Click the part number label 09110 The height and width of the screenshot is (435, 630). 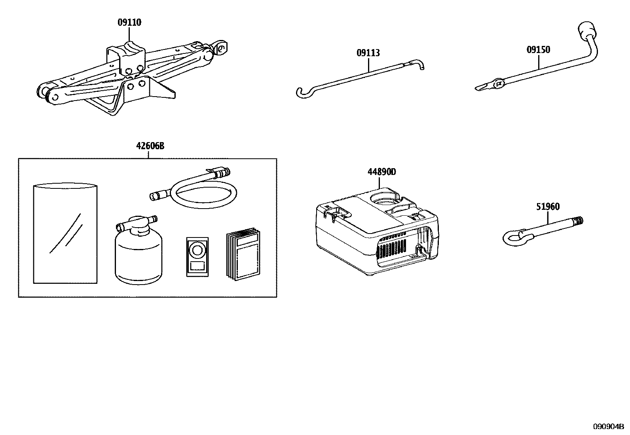click(129, 23)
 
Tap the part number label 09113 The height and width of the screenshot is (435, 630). click(368, 53)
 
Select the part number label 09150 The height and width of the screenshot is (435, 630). click(538, 50)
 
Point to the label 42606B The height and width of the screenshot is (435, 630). click(150, 146)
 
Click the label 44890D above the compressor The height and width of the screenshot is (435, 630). click(381, 172)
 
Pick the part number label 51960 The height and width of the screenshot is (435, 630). click(548, 207)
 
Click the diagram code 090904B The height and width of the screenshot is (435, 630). click(607, 426)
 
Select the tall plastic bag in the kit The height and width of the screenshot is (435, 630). click(65, 234)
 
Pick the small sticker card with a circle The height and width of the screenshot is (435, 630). click(196, 256)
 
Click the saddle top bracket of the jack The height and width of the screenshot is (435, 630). click(127, 51)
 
